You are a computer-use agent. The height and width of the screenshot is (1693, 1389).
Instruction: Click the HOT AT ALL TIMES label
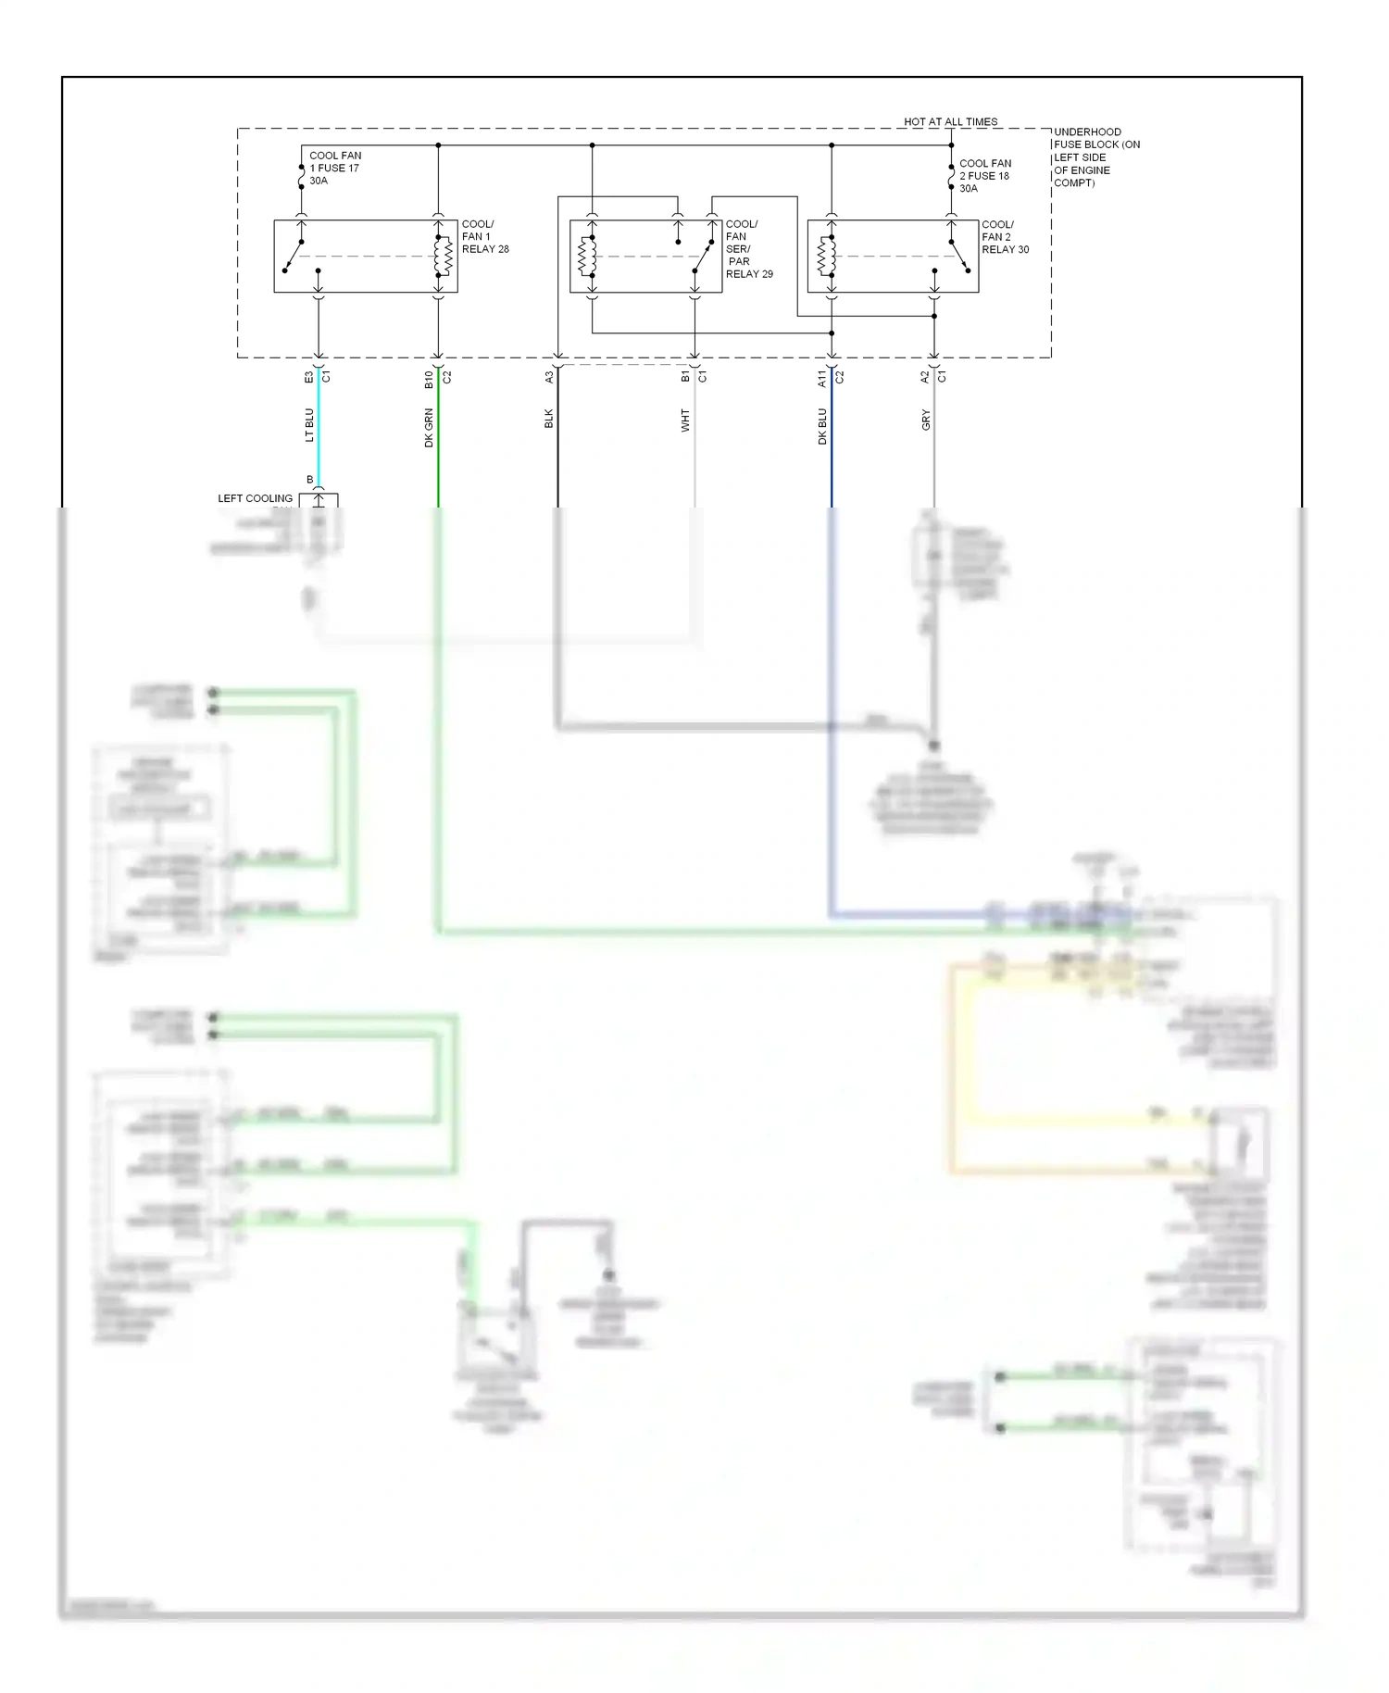pos(950,121)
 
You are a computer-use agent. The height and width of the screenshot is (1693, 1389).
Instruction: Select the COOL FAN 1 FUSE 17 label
pos(335,168)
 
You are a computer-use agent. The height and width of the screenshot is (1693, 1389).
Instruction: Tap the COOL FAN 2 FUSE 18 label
pos(984,175)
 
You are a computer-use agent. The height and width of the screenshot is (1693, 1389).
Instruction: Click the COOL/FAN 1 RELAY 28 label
pos(484,236)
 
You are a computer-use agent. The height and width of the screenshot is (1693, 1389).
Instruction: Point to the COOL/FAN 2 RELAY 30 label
pos(1005,236)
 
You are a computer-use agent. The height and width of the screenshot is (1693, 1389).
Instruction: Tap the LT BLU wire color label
pos(310,424)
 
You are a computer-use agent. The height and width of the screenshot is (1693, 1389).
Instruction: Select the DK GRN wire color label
pos(429,427)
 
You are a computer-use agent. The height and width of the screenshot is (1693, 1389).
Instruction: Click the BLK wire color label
pos(548,419)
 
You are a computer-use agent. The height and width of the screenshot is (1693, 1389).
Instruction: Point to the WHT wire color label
pos(685,420)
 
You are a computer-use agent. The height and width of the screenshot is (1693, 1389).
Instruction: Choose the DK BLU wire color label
pos(822,426)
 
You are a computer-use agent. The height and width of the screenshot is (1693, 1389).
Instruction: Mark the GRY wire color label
pos(925,420)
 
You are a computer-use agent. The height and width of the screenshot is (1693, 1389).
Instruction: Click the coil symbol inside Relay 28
pos(443,257)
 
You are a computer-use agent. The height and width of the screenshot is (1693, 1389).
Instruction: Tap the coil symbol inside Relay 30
pos(827,257)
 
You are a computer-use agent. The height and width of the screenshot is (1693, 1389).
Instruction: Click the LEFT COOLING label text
pos(255,498)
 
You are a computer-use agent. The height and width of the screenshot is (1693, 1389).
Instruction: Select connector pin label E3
pos(309,377)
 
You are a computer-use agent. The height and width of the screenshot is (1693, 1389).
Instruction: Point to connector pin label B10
pos(429,379)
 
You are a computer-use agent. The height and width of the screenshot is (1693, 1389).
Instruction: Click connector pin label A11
pos(822,378)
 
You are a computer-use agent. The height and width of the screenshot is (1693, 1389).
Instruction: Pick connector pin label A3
pos(548,377)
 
